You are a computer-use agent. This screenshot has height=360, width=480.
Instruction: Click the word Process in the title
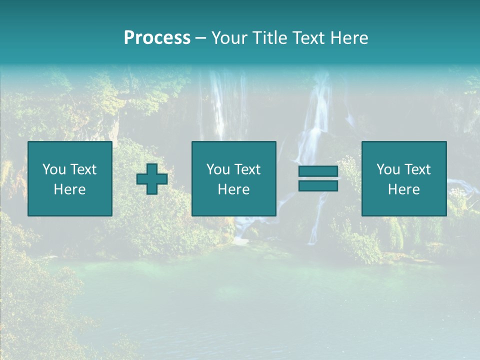[157, 38]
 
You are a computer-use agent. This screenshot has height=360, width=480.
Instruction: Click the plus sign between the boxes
[152, 179]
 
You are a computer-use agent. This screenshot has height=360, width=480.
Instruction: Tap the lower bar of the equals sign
[318, 186]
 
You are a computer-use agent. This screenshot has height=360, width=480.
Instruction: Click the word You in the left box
[54, 169]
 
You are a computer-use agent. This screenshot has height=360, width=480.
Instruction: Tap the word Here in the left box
[69, 189]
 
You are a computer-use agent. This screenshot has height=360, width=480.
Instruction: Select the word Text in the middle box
[247, 169]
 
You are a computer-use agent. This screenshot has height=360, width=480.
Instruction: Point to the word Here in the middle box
[233, 189]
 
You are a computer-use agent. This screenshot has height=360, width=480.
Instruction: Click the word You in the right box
[388, 169]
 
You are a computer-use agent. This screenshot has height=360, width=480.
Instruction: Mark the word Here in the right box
[403, 189]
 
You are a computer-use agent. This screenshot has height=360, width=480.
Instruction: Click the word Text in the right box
[417, 169]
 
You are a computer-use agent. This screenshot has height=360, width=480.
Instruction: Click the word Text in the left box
[83, 169]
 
